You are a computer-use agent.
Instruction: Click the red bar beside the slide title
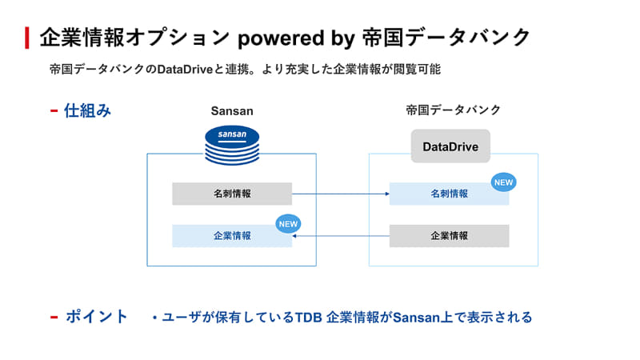click(27, 37)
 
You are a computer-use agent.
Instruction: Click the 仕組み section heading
click(88, 110)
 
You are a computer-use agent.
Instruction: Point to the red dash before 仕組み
click(54, 110)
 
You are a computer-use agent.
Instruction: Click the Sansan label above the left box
click(231, 110)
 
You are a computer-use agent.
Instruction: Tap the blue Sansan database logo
click(232, 144)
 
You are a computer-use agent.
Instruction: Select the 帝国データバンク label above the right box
click(453, 110)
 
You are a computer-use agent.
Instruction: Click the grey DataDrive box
click(450, 147)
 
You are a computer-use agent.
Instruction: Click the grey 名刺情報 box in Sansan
click(232, 194)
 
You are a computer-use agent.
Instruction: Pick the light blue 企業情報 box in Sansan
click(232, 236)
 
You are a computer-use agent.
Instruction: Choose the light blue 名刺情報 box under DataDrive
click(449, 194)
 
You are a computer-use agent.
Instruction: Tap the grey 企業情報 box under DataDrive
click(449, 236)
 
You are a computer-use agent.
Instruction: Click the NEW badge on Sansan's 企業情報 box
click(287, 224)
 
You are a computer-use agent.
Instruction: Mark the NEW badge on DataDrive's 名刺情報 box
click(503, 182)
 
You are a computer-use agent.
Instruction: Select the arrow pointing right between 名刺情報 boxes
click(340, 194)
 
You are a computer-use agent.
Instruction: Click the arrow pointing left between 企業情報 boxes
click(340, 236)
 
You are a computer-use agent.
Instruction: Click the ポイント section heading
click(96, 317)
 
